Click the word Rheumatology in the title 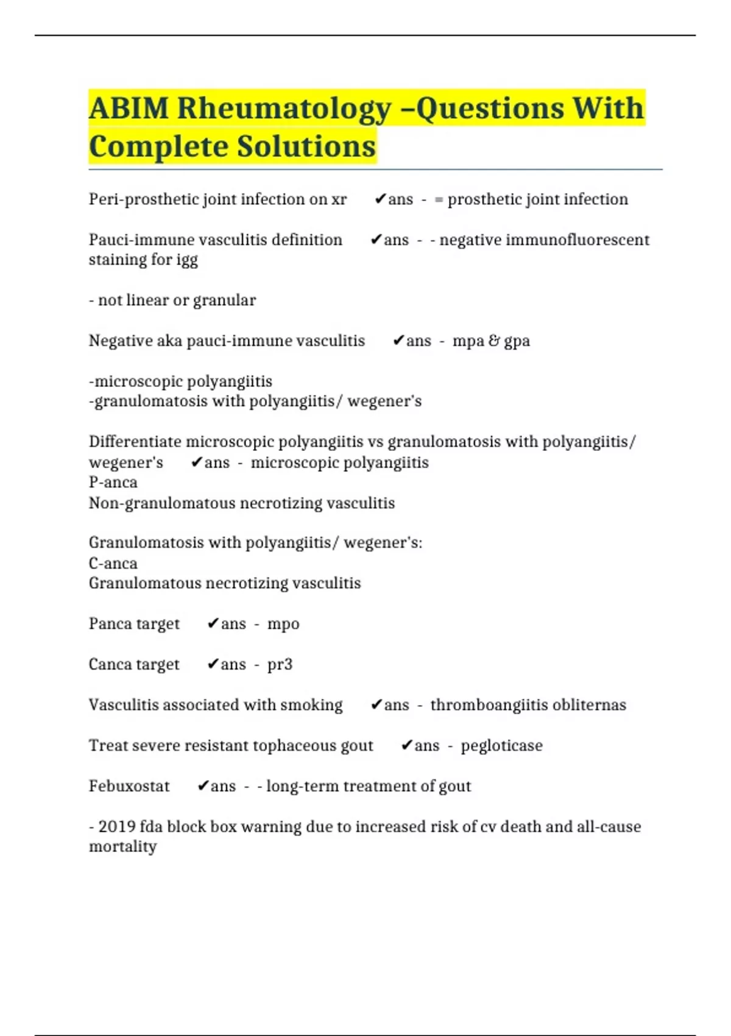[x=284, y=109]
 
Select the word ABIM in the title [x=129, y=109]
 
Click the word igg [x=187, y=260]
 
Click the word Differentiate [x=135, y=441]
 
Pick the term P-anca [x=113, y=482]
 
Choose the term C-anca [x=113, y=563]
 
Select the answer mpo [x=283, y=624]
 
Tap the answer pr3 [x=280, y=664]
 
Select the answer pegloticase [x=501, y=745]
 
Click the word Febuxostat [x=129, y=786]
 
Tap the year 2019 [x=117, y=826]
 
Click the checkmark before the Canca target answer [x=213, y=664]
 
